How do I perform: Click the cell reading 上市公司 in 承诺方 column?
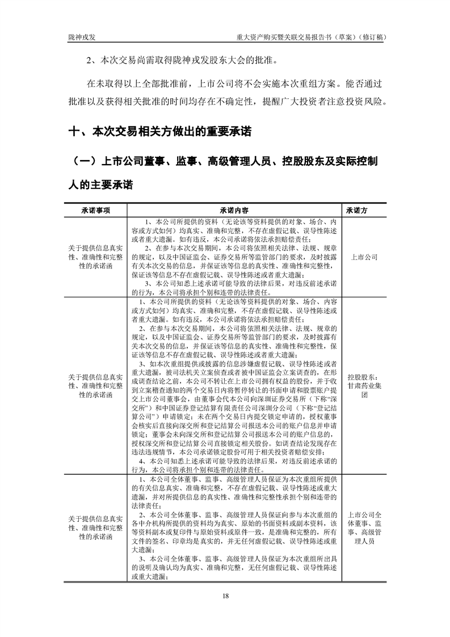364,257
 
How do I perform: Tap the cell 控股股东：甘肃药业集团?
364,384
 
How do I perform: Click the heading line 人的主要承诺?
100,185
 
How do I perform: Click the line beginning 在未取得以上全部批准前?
234,85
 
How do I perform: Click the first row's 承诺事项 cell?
94,257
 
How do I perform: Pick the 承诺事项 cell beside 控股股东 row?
94,384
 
